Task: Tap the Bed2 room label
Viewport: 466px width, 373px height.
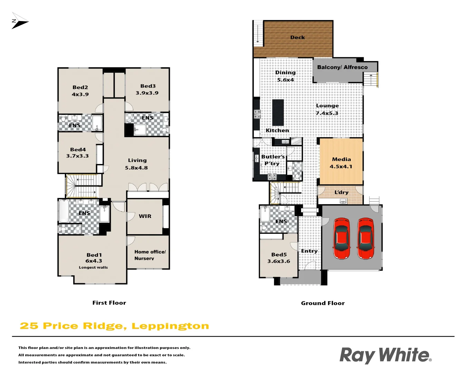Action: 80,87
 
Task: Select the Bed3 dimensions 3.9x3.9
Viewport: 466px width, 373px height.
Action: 147,93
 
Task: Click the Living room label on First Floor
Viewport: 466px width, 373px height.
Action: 137,160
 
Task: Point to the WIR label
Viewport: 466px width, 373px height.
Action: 145,216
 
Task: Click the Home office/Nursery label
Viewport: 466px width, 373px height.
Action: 150,255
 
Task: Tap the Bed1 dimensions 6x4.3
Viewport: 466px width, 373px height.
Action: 94,261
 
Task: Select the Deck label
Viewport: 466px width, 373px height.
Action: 297,37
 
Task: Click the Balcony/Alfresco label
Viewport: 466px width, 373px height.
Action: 342,67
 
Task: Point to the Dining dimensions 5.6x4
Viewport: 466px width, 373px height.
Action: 285,80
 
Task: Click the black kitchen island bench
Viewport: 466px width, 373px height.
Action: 278,113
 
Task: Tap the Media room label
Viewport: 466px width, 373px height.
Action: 341,159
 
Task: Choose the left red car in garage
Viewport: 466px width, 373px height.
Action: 341,238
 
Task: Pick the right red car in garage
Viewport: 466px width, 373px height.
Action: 365,238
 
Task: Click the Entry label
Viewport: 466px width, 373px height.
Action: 309,251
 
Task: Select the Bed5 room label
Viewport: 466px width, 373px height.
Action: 279,255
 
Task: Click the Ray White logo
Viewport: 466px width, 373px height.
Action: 385,355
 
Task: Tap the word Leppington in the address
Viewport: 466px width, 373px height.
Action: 170,326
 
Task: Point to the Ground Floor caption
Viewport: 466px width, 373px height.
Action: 323,303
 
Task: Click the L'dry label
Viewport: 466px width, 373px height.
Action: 341,192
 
